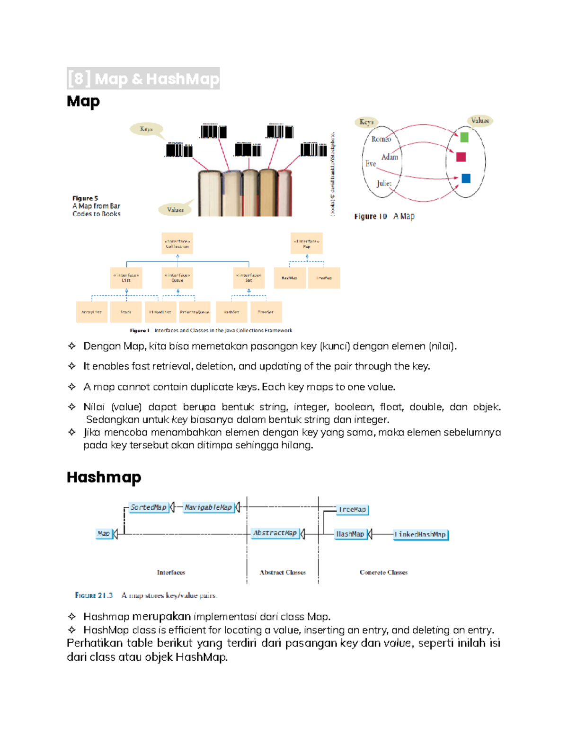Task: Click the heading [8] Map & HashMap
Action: [143, 79]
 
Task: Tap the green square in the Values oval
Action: [464, 137]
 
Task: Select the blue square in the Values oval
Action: [466, 178]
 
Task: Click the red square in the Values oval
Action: [461, 157]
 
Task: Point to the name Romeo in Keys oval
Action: [381, 139]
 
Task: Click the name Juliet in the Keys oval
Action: [384, 183]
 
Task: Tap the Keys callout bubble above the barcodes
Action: [146, 129]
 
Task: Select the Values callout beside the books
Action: [175, 210]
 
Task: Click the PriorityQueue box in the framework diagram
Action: [195, 312]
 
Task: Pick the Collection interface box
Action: [177, 244]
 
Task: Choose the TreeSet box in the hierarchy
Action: [266, 312]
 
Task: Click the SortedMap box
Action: [149, 507]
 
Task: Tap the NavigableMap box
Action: [208, 507]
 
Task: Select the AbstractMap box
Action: [275, 533]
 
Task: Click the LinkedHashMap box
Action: [420, 534]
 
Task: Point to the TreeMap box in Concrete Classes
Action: [352, 510]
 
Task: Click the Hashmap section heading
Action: [104, 477]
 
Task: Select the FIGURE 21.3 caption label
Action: [94, 595]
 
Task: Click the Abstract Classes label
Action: [283, 572]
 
